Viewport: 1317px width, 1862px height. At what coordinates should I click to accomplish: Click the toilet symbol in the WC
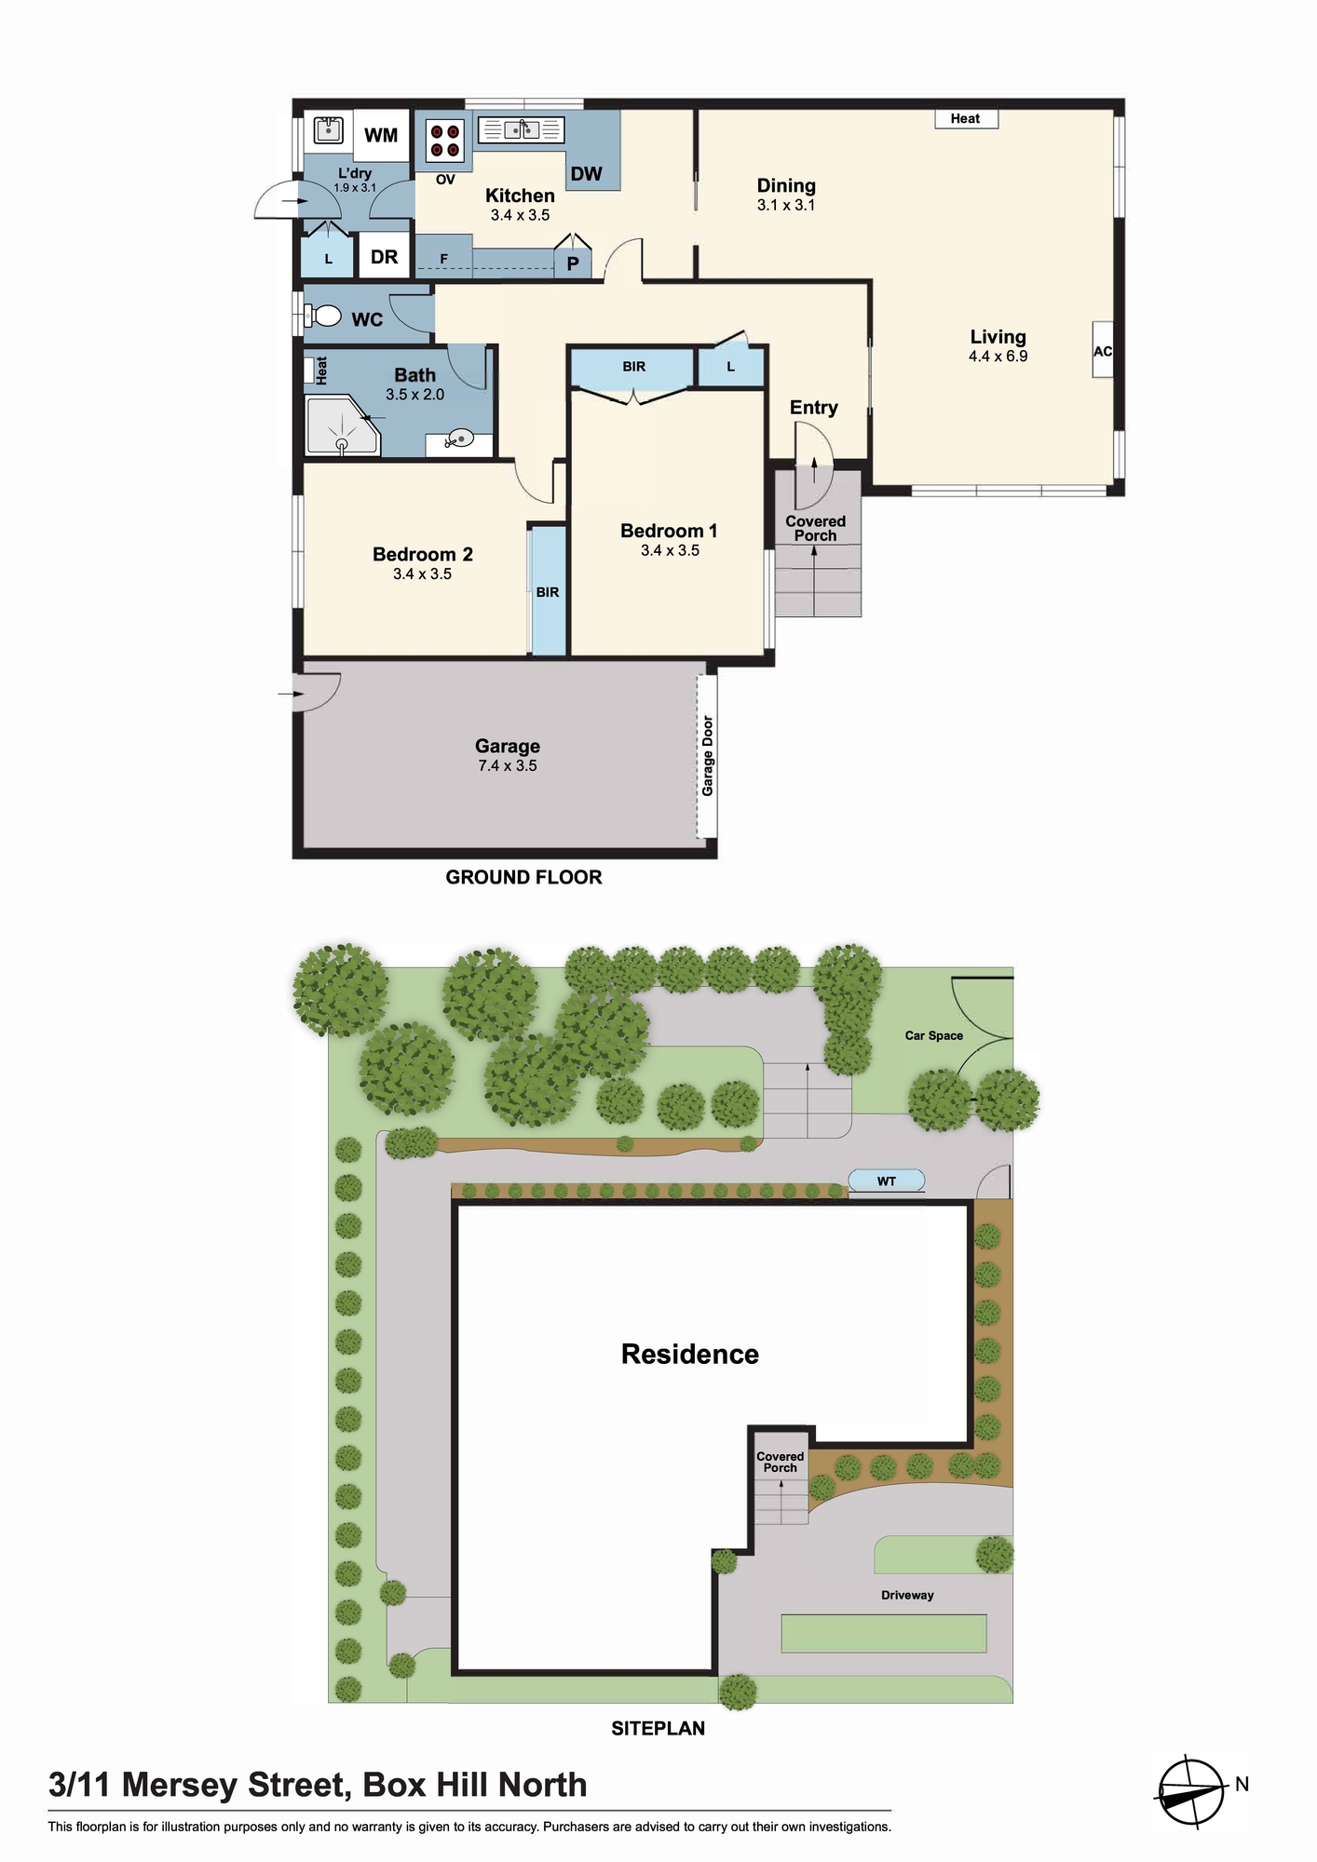(322, 317)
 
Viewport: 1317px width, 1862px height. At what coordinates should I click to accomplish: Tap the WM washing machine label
(381, 135)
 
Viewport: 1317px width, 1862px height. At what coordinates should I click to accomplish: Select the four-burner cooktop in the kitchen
(445, 141)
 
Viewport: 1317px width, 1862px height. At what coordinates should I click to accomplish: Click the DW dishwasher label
(587, 173)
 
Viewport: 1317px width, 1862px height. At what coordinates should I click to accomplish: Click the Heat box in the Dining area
(966, 118)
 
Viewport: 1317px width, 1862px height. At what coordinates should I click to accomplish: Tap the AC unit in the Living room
(1103, 350)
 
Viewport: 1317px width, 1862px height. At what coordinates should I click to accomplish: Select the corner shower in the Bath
(343, 425)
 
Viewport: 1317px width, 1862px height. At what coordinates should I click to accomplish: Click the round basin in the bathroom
(459, 438)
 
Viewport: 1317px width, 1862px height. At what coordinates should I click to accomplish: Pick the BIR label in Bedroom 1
(633, 367)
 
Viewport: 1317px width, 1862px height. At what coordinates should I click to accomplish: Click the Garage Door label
(708, 755)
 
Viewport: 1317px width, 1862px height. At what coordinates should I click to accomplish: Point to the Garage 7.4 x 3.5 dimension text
(508, 765)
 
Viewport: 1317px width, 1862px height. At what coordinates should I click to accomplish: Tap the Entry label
(813, 407)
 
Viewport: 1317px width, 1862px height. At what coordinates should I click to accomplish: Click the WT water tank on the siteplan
(887, 1181)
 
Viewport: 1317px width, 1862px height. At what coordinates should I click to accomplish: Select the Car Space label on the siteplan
(934, 1035)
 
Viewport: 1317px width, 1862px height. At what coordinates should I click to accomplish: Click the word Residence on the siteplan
(690, 1354)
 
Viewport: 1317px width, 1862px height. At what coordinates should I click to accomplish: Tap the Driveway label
(907, 1595)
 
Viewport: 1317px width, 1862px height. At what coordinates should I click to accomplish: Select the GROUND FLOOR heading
(523, 877)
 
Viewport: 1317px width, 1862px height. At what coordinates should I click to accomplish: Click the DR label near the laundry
(384, 257)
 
